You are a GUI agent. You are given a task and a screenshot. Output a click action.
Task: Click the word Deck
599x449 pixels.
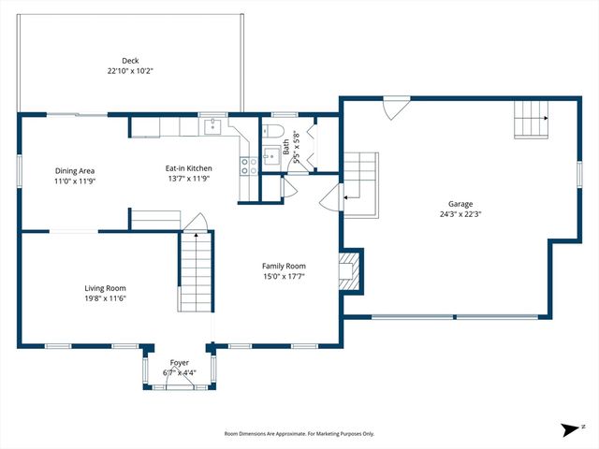click(129, 60)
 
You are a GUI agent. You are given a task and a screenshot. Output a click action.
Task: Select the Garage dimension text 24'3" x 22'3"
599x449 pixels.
click(460, 213)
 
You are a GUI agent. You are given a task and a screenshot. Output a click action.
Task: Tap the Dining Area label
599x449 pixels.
click(75, 170)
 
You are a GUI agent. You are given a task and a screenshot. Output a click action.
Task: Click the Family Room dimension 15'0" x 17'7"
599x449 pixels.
click(284, 277)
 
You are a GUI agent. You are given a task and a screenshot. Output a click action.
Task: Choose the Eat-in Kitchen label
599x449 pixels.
click(187, 168)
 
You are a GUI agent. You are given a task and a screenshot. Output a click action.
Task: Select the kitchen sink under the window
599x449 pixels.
click(212, 126)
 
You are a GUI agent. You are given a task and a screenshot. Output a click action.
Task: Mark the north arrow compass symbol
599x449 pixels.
click(570, 430)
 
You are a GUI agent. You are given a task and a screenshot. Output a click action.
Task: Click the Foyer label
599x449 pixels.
click(179, 362)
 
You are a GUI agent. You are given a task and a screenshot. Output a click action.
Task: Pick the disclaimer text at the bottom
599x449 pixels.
click(299, 433)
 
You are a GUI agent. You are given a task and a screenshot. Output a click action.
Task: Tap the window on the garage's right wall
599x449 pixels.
click(579, 174)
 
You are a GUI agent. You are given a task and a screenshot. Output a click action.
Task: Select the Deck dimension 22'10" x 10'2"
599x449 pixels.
click(129, 70)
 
